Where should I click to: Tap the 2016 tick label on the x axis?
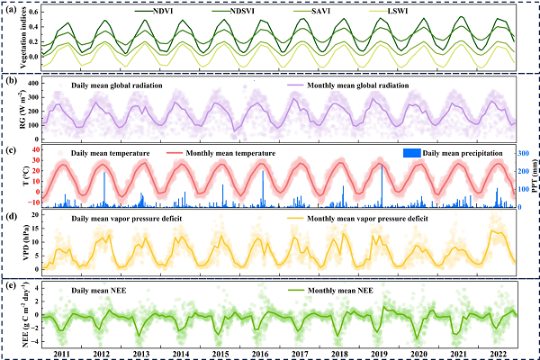click(x=260, y=355)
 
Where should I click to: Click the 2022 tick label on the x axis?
click(x=499, y=355)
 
